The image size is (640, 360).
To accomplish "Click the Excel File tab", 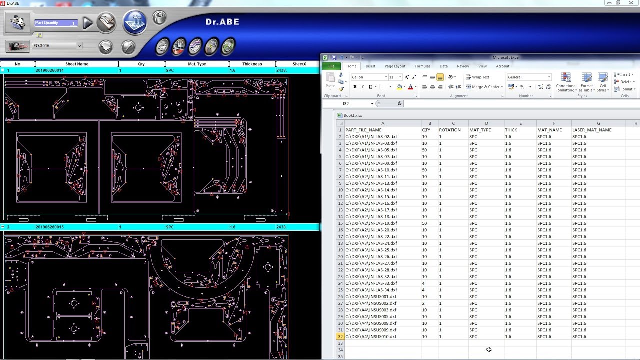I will [x=331, y=66].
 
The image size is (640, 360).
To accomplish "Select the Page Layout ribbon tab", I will [x=395, y=66].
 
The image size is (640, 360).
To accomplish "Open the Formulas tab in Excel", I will [x=422, y=66].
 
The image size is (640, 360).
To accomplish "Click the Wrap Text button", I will [x=477, y=77].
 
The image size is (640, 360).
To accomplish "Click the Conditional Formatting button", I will [x=566, y=82].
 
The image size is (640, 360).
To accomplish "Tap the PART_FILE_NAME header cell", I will [x=363, y=130].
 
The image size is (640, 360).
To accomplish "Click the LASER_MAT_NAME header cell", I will [x=592, y=130].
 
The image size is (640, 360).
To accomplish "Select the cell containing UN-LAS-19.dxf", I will [x=371, y=223].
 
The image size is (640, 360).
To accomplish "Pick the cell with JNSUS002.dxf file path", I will [x=371, y=303].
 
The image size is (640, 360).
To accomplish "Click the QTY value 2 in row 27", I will [x=424, y=303].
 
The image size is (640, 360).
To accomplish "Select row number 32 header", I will [x=340, y=337].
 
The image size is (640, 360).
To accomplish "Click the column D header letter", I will [x=486, y=123].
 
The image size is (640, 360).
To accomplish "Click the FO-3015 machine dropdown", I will [x=57, y=46].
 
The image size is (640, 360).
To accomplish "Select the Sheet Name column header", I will [x=77, y=64].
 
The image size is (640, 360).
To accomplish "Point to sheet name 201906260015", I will [x=50, y=227].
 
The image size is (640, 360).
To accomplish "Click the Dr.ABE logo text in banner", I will [x=222, y=22].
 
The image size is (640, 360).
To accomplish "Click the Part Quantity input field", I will [x=56, y=23].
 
